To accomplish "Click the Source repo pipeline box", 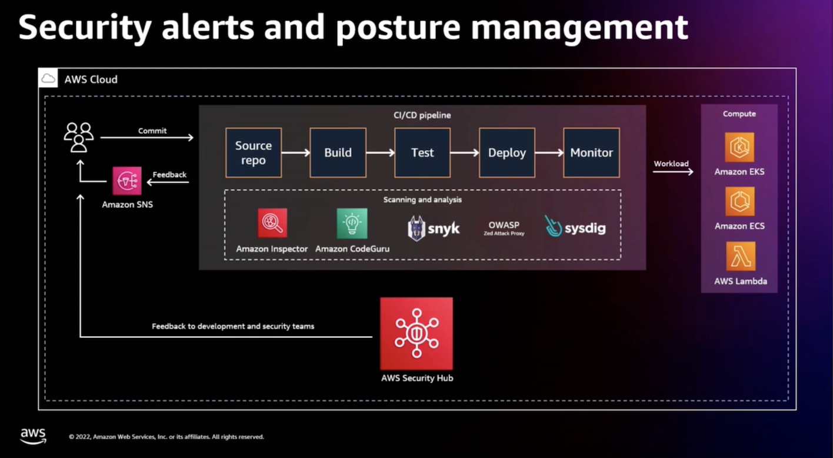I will (x=254, y=152).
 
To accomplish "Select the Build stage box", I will (x=338, y=152).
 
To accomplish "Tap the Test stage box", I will (x=422, y=152).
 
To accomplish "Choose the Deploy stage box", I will (x=507, y=152).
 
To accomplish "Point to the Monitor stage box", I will (x=591, y=152).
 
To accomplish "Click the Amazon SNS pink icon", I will (x=127, y=181).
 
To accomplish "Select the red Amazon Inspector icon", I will (x=272, y=224).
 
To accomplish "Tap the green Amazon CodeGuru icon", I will (x=352, y=224).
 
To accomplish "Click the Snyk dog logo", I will (x=416, y=228).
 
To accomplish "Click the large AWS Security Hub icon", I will (x=416, y=333).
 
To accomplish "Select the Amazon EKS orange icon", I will (x=739, y=147).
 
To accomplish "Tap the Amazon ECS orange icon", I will (x=739, y=202).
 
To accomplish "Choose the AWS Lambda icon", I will (x=740, y=256).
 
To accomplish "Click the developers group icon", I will (x=79, y=137).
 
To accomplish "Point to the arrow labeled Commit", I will (x=146, y=138).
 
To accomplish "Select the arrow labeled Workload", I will (x=673, y=172).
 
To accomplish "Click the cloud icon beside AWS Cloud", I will (x=48, y=78).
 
